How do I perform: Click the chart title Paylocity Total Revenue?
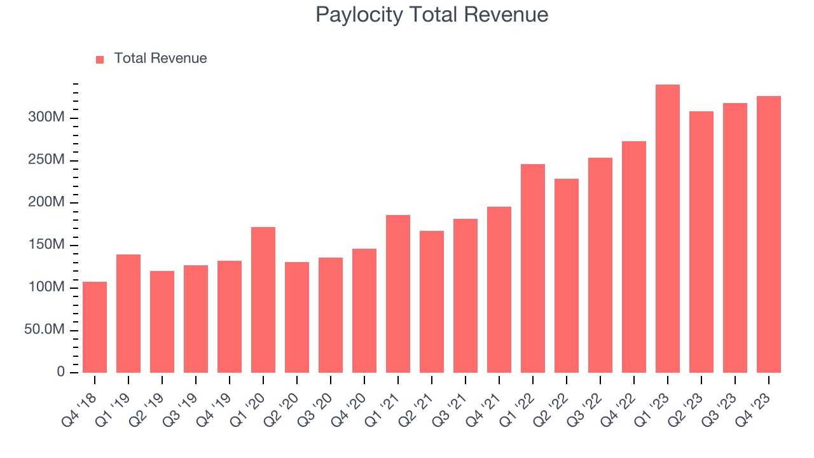(x=432, y=15)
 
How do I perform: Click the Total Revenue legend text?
(x=160, y=59)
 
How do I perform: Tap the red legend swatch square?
(x=100, y=59)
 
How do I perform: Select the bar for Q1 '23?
(x=668, y=229)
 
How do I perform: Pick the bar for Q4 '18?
(x=95, y=327)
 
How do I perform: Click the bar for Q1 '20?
(x=263, y=300)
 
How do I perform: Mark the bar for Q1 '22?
(x=533, y=268)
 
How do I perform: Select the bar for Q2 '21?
(x=432, y=302)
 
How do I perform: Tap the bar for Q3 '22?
(x=600, y=265)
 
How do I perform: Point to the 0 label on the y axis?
(x=61, y=372)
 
